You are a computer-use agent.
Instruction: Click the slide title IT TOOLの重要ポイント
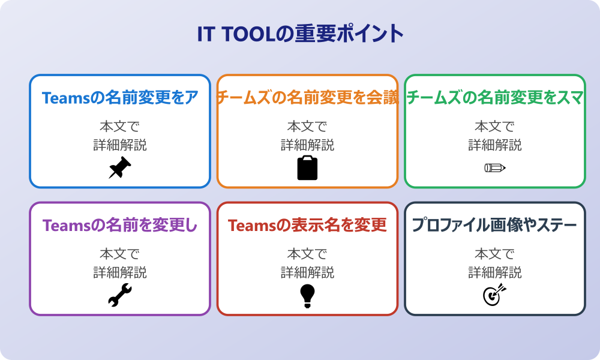[x=300, y=34]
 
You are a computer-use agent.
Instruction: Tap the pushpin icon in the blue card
[x=120, y=167]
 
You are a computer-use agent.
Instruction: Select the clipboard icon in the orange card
[x=307, y=168]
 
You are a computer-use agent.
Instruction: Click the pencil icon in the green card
[x=495, y=167]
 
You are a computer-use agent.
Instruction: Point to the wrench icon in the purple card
[x=120, y=295]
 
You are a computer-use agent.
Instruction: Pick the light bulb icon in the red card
[x=307, y=295]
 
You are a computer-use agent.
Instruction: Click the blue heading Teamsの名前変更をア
[x=120, y=98]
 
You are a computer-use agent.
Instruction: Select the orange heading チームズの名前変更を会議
[x=307, y=98]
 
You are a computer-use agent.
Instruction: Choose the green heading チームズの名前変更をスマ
[x=495, y=98]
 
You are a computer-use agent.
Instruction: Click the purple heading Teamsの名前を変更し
[x=120, y=226]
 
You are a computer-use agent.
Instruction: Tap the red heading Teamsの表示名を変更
[x=307, y=226]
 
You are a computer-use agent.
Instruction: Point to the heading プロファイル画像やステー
[x=495, y=226]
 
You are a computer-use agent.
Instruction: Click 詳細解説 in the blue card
[x=120, y=145]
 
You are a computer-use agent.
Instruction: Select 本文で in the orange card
[x=307, y=127]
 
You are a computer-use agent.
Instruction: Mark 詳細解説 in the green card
[x=495, y=145]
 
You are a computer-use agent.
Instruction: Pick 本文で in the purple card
[x=120, y=254]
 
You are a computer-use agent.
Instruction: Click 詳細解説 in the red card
[x=307, y=272]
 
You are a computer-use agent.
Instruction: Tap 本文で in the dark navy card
[x=495, y=254]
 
